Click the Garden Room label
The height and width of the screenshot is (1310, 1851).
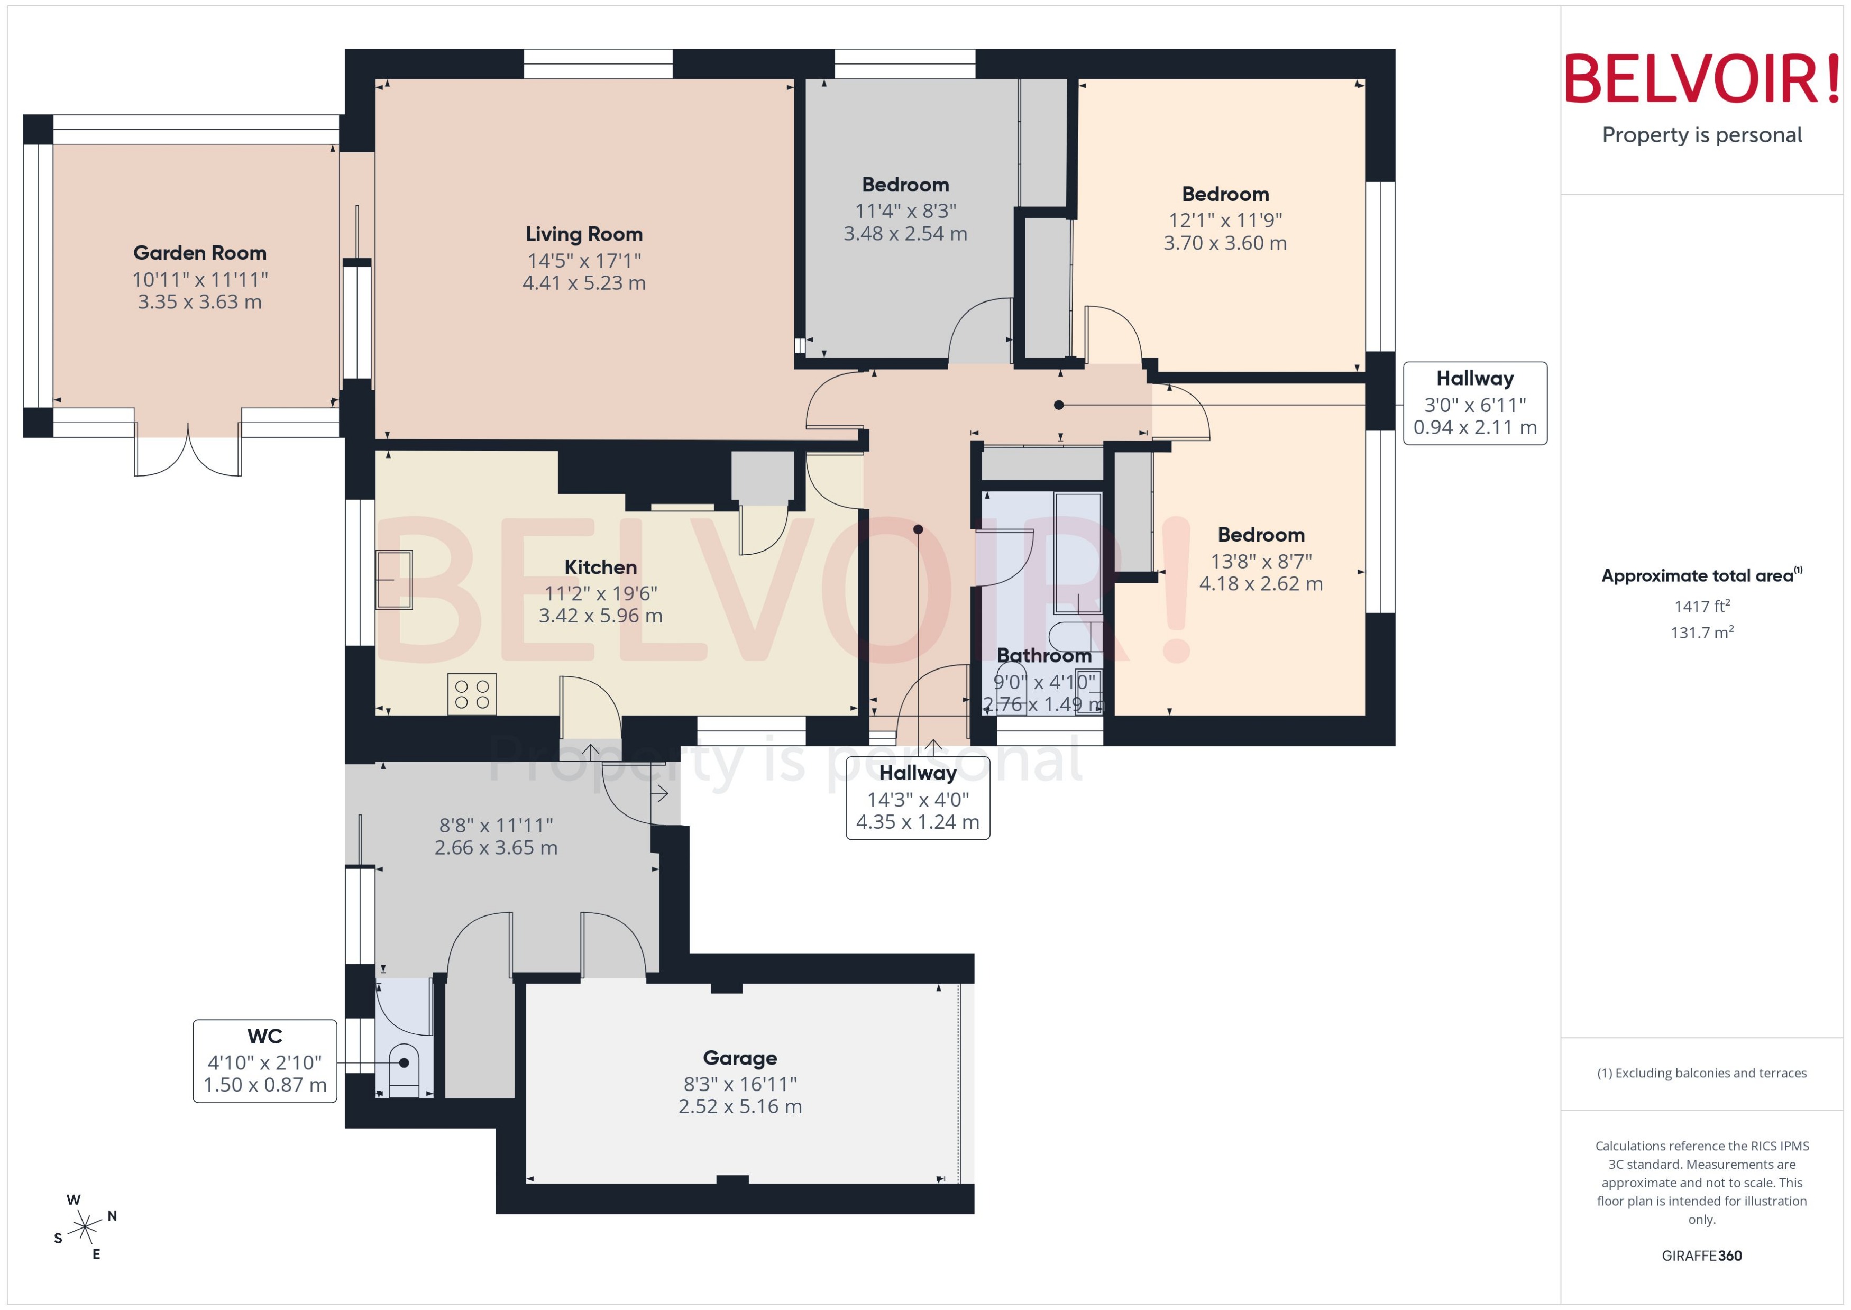point(199,253)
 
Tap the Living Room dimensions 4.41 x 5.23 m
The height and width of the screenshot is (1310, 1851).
point(584,283)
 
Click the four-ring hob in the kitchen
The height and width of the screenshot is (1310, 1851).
point(472,694)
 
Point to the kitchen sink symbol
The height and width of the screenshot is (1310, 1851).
point(393,579)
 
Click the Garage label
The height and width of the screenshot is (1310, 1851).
point(739,1058)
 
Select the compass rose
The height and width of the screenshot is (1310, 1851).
point(84,1227)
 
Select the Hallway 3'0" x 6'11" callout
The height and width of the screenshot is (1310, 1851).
point(1474,404)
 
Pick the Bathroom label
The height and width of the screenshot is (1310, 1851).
point(1043,656)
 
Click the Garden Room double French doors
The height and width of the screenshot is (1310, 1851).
point(188,452)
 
